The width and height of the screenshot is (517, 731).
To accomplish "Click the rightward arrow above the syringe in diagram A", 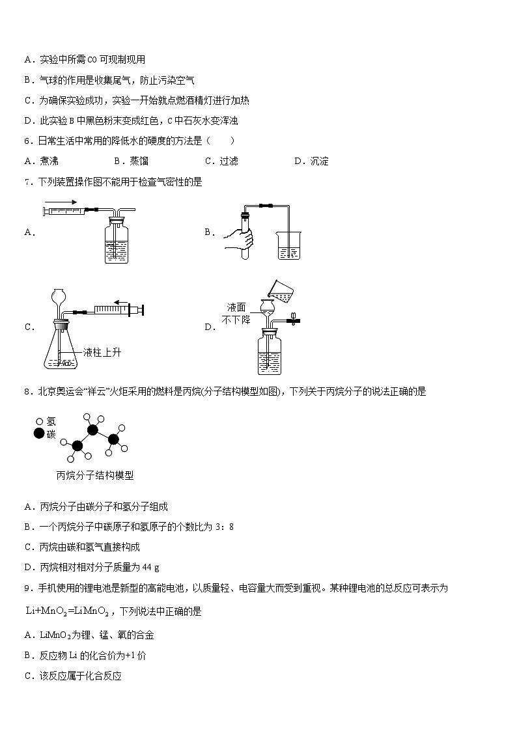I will [61, 202].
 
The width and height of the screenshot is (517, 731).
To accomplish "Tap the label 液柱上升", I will [102, 353].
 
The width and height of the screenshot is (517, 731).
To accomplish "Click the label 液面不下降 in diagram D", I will [238, 314].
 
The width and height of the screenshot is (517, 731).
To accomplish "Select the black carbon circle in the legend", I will [40, 434].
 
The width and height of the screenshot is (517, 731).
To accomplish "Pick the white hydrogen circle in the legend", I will [40, 421].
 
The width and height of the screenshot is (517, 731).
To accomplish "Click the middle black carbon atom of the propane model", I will [93, 430].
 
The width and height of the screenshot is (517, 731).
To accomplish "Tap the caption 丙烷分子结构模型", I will [95, 476].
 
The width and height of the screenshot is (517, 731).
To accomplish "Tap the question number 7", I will [27, 182].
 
